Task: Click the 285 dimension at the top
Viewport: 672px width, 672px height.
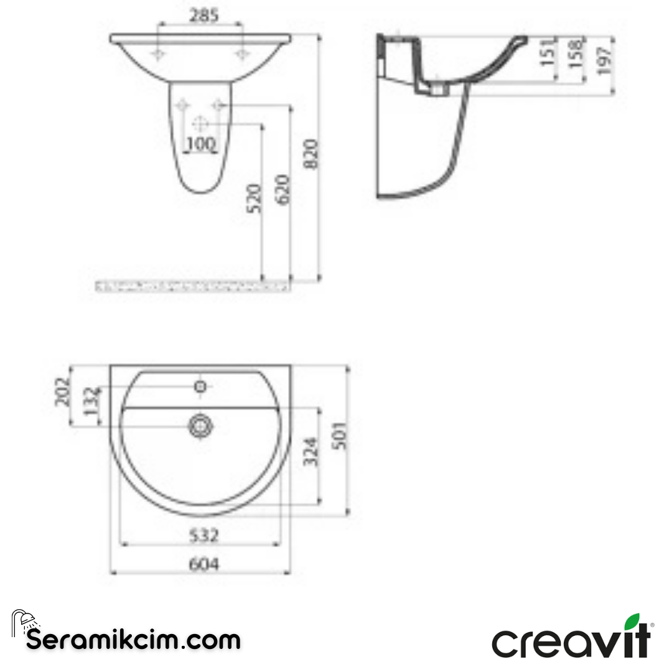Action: click(x=200, y=16)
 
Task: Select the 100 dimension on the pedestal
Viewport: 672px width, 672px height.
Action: click(x=200, y=144)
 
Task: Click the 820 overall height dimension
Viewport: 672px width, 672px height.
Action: click(x=310, y=154)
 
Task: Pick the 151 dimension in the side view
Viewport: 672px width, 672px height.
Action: click(x=546, y=52)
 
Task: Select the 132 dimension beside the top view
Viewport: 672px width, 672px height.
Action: click(x=91, y=405)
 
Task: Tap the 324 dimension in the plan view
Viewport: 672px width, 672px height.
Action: click(x=311, y=452)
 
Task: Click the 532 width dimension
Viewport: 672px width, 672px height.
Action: click(x=201, y=535)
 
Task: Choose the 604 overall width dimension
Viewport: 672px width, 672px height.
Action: click(x=201, y=564)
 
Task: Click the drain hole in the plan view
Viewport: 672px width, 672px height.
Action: click(x=200, y=426)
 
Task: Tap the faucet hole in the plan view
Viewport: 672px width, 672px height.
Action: click(x=200, y=386)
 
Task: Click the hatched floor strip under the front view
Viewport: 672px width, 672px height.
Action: click(x=194, y=286)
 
